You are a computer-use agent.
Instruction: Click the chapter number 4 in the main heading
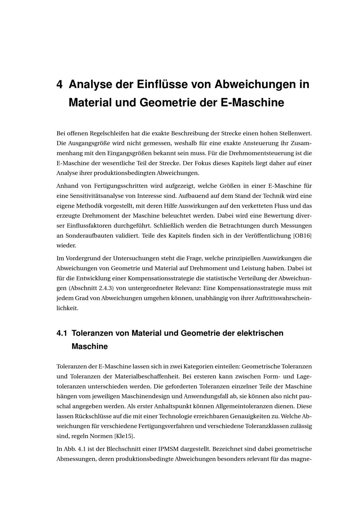(60, 85)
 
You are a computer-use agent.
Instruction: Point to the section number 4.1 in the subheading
(62, 333)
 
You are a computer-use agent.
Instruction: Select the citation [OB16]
(302, 236)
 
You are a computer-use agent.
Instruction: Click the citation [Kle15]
(124, 436)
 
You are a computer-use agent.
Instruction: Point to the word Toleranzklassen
(266, 426)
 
